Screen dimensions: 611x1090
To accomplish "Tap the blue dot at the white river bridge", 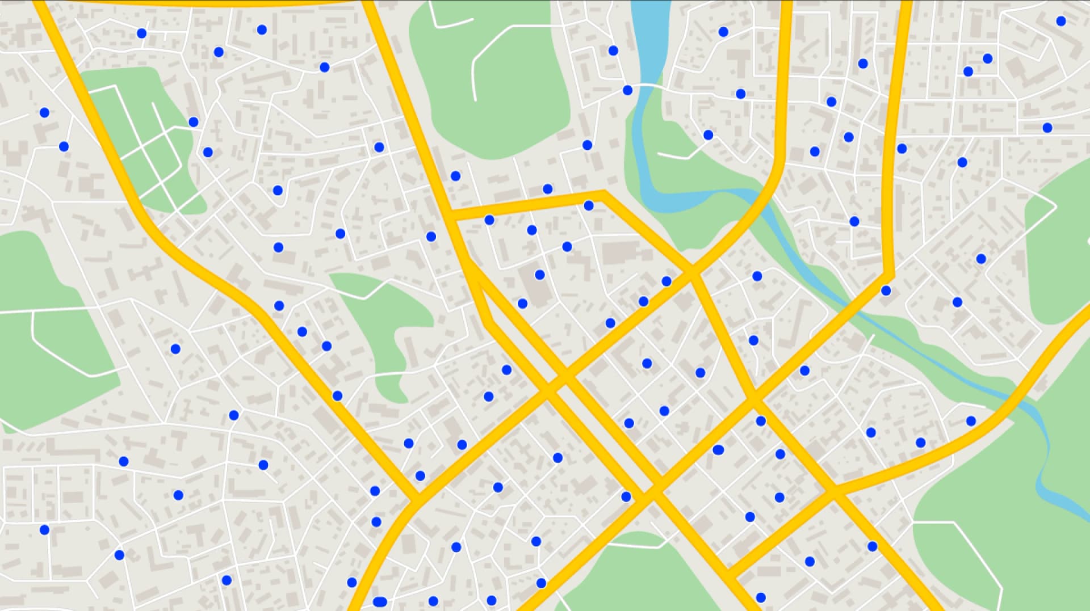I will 627,90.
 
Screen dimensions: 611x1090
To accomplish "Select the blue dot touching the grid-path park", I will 194,122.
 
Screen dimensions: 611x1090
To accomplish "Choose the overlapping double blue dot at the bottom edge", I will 380,601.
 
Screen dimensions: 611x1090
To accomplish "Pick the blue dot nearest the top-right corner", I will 1061,21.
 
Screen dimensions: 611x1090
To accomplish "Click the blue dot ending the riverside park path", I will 708,135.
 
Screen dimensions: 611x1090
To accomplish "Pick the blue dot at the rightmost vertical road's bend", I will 886,291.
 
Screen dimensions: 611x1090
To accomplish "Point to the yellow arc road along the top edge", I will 210,3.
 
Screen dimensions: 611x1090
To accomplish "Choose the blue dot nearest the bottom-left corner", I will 45,530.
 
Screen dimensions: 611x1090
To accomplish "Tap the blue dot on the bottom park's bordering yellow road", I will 541,583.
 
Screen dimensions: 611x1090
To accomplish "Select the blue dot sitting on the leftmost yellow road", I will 337,396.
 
